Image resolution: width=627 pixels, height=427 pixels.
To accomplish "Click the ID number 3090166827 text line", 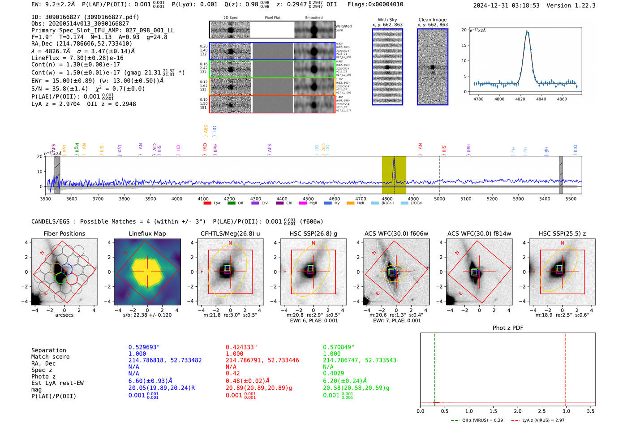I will [x=85, y=17].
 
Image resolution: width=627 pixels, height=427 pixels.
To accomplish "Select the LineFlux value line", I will [x=77, y=58].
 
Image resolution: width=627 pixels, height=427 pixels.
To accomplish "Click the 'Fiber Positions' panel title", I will [x=64, y=233].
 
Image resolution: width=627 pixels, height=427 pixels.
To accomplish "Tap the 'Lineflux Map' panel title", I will [x=147, y=233].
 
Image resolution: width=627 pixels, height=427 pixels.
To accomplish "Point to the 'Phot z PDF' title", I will [x=507, y=328].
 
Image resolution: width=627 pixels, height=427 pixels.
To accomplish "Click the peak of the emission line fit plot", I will [x=527, y=32].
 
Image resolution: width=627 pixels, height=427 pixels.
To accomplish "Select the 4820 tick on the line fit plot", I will [x=520, y=99].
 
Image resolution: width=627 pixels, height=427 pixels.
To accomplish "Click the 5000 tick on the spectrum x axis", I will [x=439, y=198].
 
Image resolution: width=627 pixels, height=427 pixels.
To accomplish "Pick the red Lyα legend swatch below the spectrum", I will [x=207, y=203].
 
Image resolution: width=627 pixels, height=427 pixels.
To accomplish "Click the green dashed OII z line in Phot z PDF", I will [x=434, y=367].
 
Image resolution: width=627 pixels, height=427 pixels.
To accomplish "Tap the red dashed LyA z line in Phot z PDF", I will [x=565, y=367].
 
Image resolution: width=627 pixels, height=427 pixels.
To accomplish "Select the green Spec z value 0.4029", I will [x=333, y=373].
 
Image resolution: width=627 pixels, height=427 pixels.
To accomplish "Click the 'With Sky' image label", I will [x=387, y=20].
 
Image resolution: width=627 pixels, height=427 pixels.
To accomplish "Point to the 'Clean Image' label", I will [x=432, y=20].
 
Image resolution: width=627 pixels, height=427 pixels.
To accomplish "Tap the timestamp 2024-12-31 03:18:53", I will [x=506, y=5].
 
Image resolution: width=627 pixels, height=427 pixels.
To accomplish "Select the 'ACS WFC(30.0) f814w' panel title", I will [x=479, y=233].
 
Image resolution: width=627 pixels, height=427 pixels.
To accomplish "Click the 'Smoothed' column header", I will [x=313, y=18].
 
